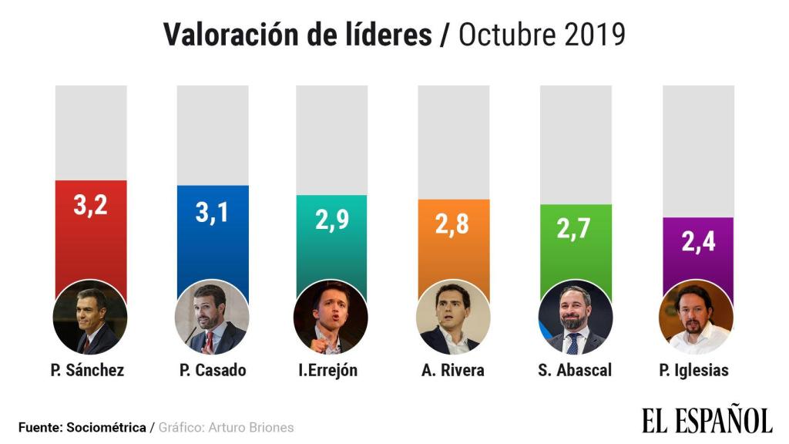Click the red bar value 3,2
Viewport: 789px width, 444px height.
pyautogui.click(x=90, y=206)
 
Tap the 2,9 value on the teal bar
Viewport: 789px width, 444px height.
pyautogui.click(x=332, y=220)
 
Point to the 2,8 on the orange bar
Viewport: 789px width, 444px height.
pyautogui.click(x=453, y=225)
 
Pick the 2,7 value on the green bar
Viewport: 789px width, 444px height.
pyautogui.click(x=575, y=230)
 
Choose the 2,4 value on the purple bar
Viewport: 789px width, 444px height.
pyautogui.click(x=698, y=242)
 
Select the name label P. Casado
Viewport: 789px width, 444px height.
pyautogui.click(x=212, y=370)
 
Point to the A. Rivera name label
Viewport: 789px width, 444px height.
pyautogui.click(x=453, y=370)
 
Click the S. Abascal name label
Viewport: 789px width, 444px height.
pyautogui.click(x=575, y=370)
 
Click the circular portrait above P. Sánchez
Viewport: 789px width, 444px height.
pyautogui.click(x=90, y=317)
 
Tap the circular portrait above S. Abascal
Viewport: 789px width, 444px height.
pyautogui.click(x=575, y=317)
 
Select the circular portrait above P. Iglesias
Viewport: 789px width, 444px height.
pyautogui.click(x=697, y=317)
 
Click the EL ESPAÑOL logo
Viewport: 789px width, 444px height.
pyautogui.click(x=707, y=420)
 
